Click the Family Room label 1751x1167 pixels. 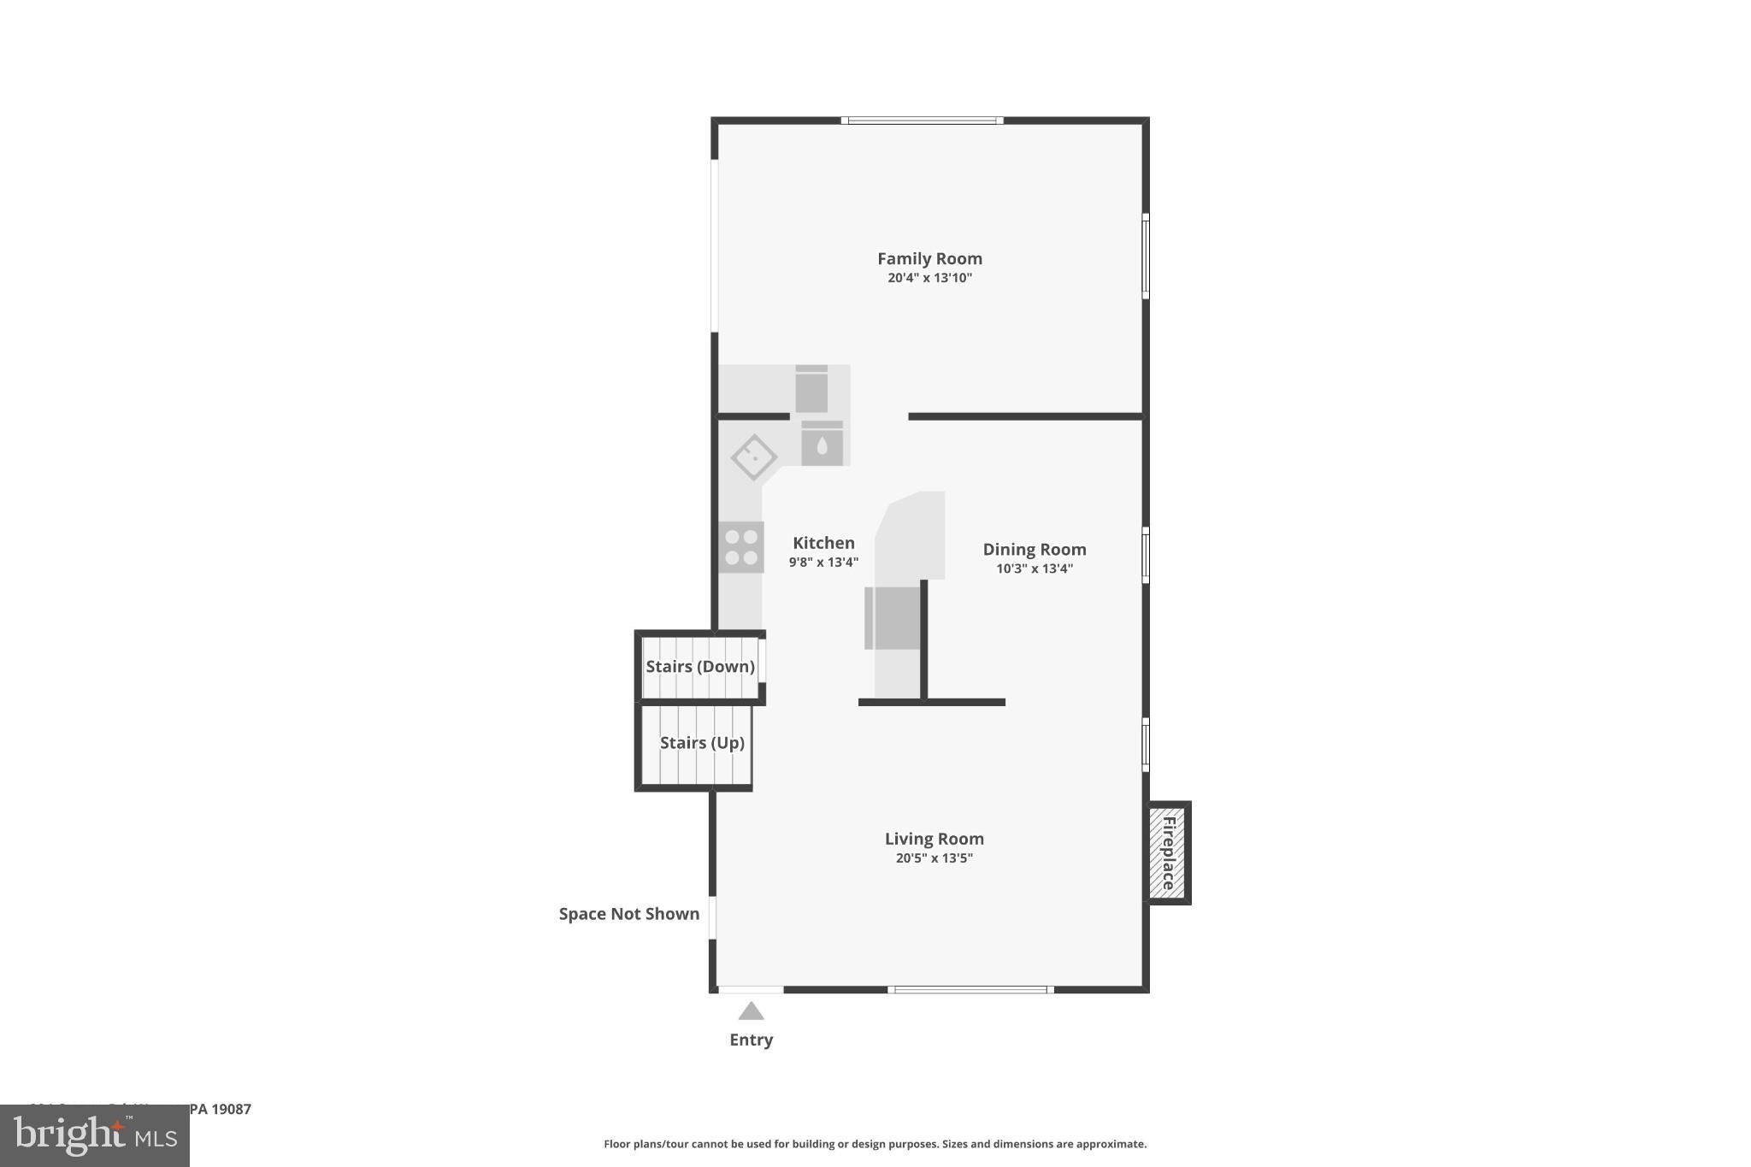pyautogui.click(x=929, y=258)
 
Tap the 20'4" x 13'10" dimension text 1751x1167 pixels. pyautogui.click(x=929, y=278)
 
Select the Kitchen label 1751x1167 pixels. pyautogui.click(x=823, y=543)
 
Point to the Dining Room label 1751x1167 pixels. pyautogui.click(x=1034, y=550)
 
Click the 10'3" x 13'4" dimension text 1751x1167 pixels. pyautogui.click(x=1034, y=569)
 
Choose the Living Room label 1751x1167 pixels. pyautogui.click(x=934, y=839)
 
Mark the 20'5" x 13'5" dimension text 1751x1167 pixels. pyautogui.click(x=934, y=858)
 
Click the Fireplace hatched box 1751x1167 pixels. pyautogui.click(x=1167, y=852)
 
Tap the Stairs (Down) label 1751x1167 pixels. pyautogui.click(x=699, y=667)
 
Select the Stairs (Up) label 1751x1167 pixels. pyautogui.click(x=702, y=743)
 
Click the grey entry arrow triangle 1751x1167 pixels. pyautogui.click(x=751, y=1011)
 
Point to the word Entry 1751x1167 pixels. pyautogui.click(x=751, y=1040)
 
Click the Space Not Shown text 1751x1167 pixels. pyautogui.click(x=628, y=914)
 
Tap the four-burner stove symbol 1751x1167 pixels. pyautogui.click(x=740, y=547)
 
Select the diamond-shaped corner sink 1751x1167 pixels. pyautogui.click(x=753, y=457)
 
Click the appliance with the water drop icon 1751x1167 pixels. pyautogui.click(x=822, y=444)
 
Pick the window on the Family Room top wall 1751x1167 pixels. pyautogui.click(x=922, y=121)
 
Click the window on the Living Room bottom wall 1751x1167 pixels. pyautogui.click(x=970, y=990)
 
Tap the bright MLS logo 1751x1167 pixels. pyautogui.click(x=94, y=1135)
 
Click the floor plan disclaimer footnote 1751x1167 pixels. pyautogui.click(x=875, y=1144)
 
